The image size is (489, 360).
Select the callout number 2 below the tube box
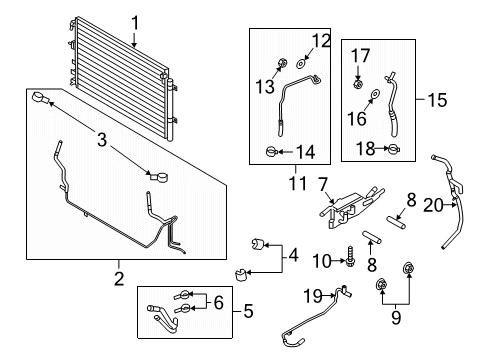118,278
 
